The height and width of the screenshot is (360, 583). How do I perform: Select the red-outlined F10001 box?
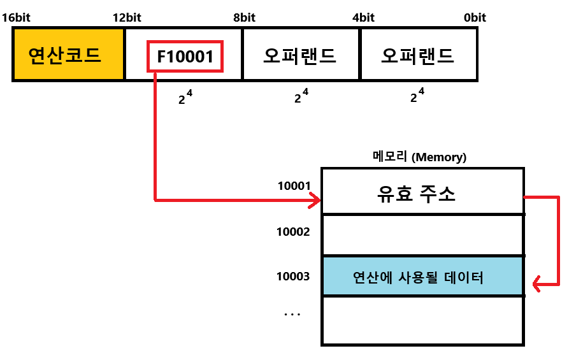(x=185, y=56)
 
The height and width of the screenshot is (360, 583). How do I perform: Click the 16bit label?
(x=16, y=17)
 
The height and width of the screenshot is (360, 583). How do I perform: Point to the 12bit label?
(x=127, y=17)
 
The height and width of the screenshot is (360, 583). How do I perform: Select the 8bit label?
(x=244, y=17)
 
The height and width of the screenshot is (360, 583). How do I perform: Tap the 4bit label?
(x=363, y=17)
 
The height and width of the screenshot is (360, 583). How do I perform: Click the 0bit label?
(x=475, y=17)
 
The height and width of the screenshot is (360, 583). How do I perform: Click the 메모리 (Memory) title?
(x=419, y=157)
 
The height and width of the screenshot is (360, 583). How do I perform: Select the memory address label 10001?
(x=294, y=186)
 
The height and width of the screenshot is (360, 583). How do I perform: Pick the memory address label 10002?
(x=293, y=231)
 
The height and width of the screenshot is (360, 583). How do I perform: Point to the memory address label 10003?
(x=293, y=276)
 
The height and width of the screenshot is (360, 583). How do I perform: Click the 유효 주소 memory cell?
(x=422, y=192)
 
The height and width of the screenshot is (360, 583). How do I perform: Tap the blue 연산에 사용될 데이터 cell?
(x=422, y=277)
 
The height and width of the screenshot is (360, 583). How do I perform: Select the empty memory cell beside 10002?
(x=422, y=235)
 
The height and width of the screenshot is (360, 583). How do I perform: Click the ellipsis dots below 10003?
(x=292, y=313)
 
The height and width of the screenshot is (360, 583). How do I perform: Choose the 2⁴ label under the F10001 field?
(x=185, y=98)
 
